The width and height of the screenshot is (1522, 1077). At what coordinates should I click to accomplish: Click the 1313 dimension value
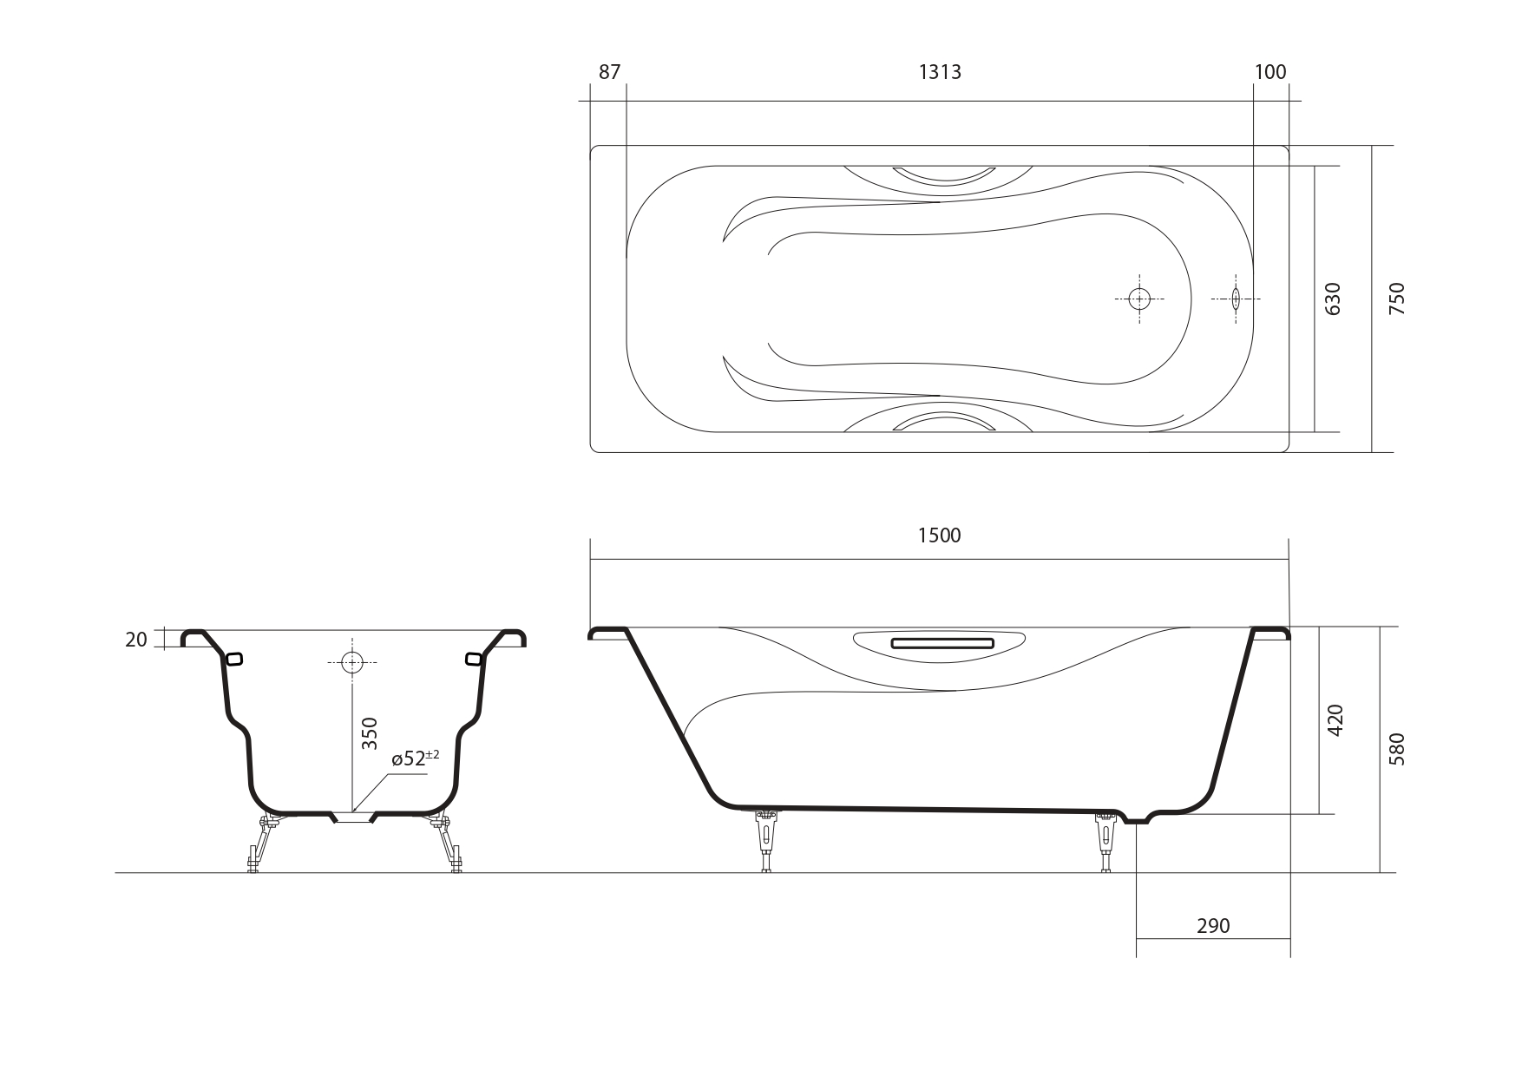pyautogui.click(x=940, y=72)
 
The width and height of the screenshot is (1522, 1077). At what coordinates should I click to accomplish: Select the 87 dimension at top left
pyautogui.click(x=610, y=72)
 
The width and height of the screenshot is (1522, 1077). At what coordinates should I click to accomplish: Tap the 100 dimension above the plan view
pyautogui.click(x=1270, y=72)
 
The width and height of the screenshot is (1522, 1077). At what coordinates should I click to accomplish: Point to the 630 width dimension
pyautogui.click(x=1334, y=299)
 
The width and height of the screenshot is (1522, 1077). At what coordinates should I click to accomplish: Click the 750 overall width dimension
pyautogui.click(x=1397, y=299)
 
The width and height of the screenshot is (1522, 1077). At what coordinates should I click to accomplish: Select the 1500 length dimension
pyautogui.click(x=940, y=535)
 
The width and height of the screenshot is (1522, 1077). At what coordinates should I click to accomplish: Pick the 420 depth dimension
pyautogui.click(x=1335, y=720)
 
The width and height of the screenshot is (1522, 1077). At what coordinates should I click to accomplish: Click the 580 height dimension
pyautogui.click(x=1397, y=749)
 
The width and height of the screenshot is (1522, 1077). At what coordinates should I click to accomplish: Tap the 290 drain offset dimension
pyautogui.click(x=1213, y=926)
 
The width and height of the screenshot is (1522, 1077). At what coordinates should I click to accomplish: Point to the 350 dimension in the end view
pyautogui.click(x=370, y=733)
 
